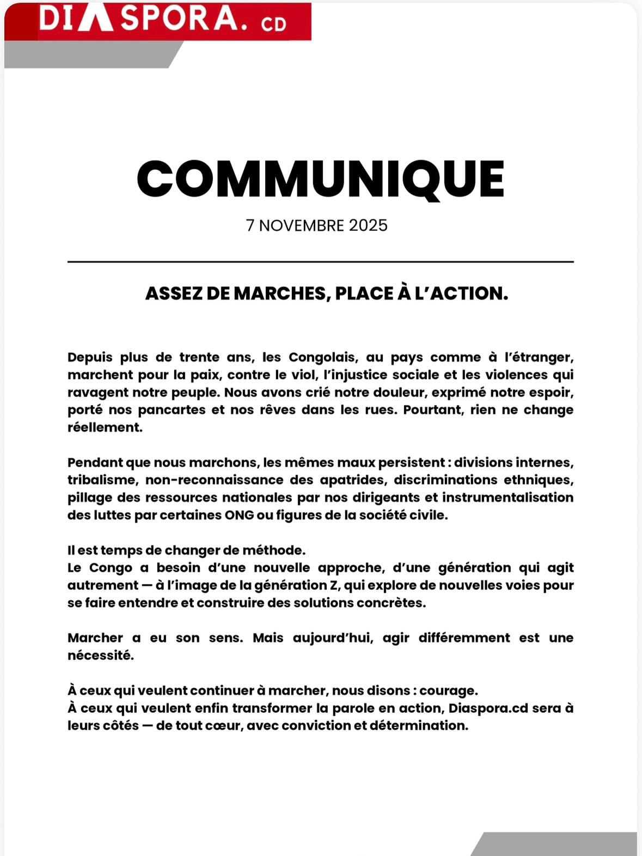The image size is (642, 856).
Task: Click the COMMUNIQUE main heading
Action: point(321,179)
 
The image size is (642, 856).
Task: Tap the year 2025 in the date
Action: point(368,225)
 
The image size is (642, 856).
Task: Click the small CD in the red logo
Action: point(273,23)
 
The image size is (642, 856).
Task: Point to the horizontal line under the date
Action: point(321,262)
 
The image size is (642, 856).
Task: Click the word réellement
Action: point(105,427)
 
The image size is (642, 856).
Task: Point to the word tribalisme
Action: point(101,480)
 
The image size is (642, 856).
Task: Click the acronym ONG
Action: point(239,515)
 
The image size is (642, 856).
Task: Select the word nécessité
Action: point(101,656)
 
